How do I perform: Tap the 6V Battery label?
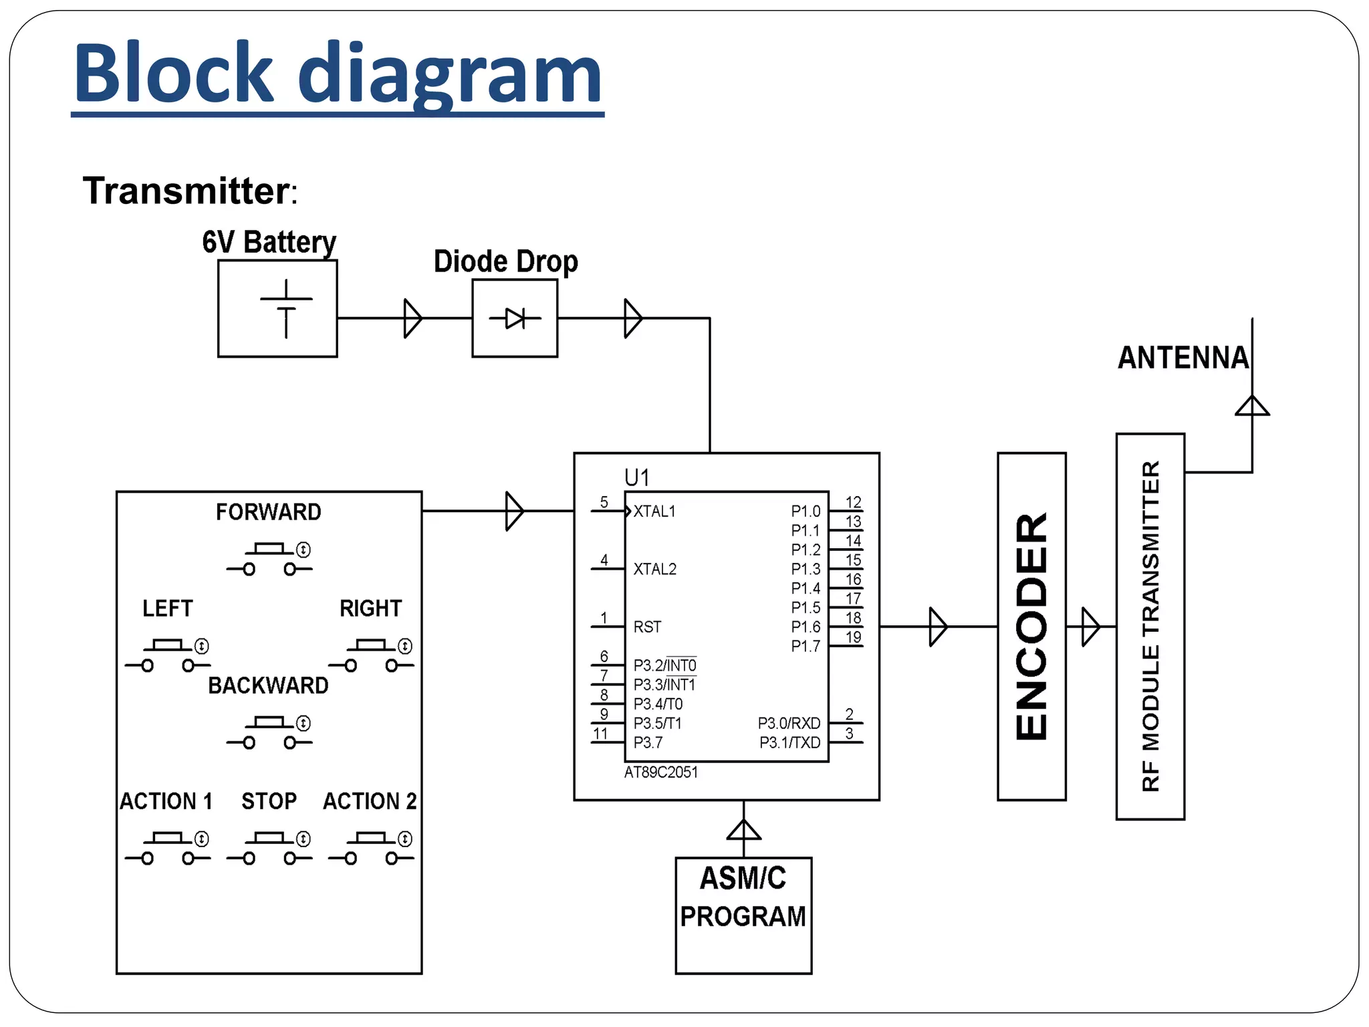(x=269, y=242)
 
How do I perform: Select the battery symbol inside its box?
(x=286, y=309)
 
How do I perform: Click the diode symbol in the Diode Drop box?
(x=515, y=318)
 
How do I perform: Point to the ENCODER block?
(x=1031, y=626)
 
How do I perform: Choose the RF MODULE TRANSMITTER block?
(x=1150, y=626)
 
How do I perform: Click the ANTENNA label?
(x=1183, y=358)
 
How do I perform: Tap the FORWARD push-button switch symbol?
(x=269, y=559)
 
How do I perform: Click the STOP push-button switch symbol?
(x=269, y=848)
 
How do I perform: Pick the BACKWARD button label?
(x=268, y=685)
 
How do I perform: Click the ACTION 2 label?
(x=370, y=801)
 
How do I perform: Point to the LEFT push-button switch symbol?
(x=167, y=655)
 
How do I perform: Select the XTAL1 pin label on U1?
(x=654, y=511)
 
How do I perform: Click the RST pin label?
(x=647, y=627)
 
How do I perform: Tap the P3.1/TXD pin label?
(x=789, y=743)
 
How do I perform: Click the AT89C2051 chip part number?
(x=661, y=773)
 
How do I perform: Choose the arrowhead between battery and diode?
(x=412, y=318)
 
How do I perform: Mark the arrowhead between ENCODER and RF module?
(x=1090, y=626)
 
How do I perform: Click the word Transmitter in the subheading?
(x=186, y=191)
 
